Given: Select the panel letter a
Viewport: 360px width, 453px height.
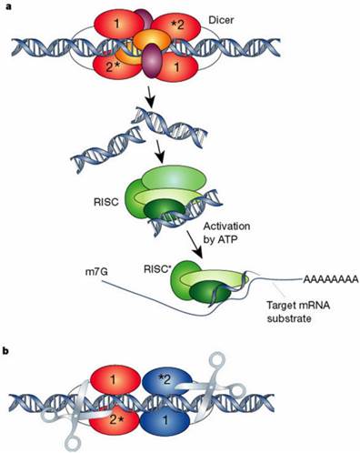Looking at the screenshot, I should [x=6, y=6].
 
